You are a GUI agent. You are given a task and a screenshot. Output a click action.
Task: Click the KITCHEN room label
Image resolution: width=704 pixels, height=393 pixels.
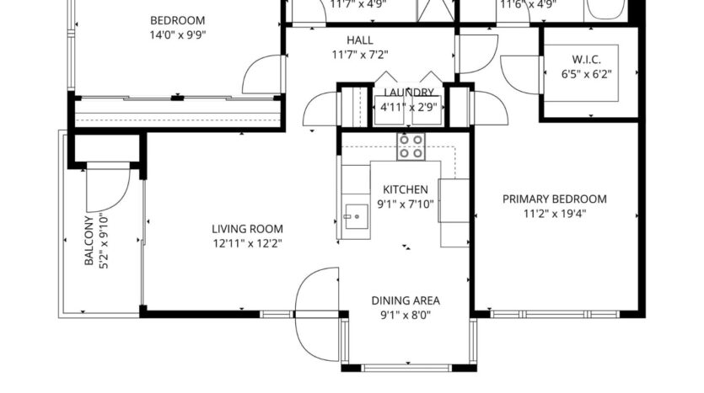click(406, 189)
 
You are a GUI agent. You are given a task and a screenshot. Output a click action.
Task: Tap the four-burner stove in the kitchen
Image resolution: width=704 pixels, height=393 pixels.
click(411, 146)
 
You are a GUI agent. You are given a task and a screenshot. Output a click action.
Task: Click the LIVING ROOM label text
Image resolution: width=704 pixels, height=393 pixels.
click(247, 229)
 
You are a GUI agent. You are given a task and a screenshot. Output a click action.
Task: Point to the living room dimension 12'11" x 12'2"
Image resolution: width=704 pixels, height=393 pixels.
click(247, 244)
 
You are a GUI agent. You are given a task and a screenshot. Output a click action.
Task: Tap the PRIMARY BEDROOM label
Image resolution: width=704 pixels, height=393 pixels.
click(555, 199)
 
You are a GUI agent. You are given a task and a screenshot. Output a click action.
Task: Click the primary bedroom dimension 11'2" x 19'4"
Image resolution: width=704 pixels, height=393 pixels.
click(555, 214)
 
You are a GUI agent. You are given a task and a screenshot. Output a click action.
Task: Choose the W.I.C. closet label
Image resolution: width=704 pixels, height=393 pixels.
click(586, 59)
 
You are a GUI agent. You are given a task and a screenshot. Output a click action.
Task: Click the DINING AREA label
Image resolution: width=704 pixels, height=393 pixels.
click(406, 300)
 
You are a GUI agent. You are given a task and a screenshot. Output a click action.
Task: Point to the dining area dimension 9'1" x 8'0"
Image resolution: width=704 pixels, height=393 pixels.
click(406, 316)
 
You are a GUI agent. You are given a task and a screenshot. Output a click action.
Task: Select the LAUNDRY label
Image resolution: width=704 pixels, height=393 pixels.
click(409, 93)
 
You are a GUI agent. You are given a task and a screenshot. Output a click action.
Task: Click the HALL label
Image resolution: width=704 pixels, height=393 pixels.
click(359, 40)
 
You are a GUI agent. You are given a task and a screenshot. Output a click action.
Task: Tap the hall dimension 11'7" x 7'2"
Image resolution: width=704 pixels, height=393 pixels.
click(359, 56)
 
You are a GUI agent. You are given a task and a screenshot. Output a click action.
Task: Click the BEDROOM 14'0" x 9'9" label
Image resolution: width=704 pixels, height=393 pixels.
click(177, 21)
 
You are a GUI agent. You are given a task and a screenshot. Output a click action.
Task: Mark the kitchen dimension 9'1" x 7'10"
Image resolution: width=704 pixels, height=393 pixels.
click(406, 204)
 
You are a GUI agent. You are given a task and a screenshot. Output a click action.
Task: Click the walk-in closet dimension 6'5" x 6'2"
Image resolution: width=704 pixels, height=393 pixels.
click(586, 74)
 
